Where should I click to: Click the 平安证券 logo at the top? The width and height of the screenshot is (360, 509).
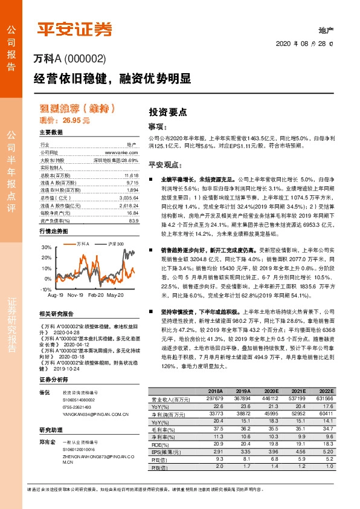pyautogui.click(x=76, y=29)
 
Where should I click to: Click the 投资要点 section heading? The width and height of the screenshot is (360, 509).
pyautogui.click(x=167, y=112)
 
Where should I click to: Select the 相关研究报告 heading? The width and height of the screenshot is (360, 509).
pyautogui.click(x=56, y=314)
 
